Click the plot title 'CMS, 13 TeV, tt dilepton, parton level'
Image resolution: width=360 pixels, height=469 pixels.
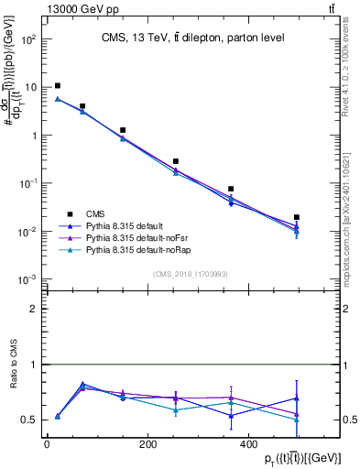(188, 38)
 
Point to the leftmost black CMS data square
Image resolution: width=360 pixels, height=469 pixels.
(58, 86)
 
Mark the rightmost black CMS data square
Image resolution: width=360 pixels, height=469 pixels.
(297, 217)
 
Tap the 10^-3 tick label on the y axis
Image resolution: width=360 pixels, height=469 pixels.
(29, 278)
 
